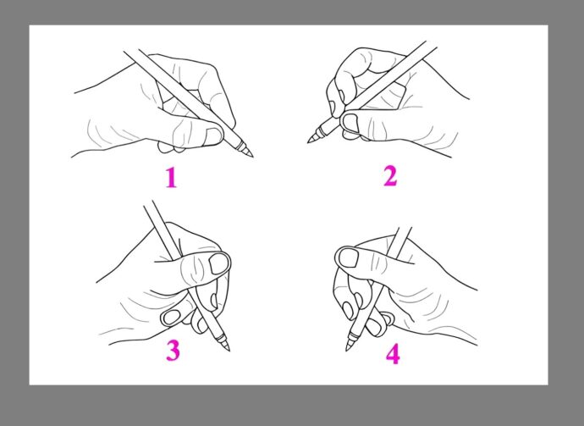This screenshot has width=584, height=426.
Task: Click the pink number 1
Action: point(171,177)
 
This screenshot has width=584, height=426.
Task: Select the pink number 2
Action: point(390,176)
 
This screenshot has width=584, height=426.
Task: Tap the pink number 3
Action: point(173,351)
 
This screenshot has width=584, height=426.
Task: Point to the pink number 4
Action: point(393,354)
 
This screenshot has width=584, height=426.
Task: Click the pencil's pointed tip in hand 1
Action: point(253,157)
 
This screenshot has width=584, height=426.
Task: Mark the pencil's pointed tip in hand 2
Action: point(307,142)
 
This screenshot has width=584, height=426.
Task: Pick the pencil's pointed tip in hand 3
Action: point(229,351)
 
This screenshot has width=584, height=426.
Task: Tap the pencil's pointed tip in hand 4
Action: point(346,351)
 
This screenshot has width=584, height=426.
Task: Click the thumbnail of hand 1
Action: point(214,136)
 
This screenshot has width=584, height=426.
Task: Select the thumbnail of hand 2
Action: point(350,123)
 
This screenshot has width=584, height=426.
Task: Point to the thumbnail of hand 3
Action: point(219,263)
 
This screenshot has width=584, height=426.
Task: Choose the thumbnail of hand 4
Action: point(349,258)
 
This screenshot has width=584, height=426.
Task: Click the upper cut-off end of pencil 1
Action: point(131,51)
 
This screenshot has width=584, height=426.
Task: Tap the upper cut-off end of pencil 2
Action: point(432,44)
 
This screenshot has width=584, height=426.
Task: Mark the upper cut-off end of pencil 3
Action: point(148,203)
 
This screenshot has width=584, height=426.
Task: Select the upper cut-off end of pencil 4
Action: point(405,227)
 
